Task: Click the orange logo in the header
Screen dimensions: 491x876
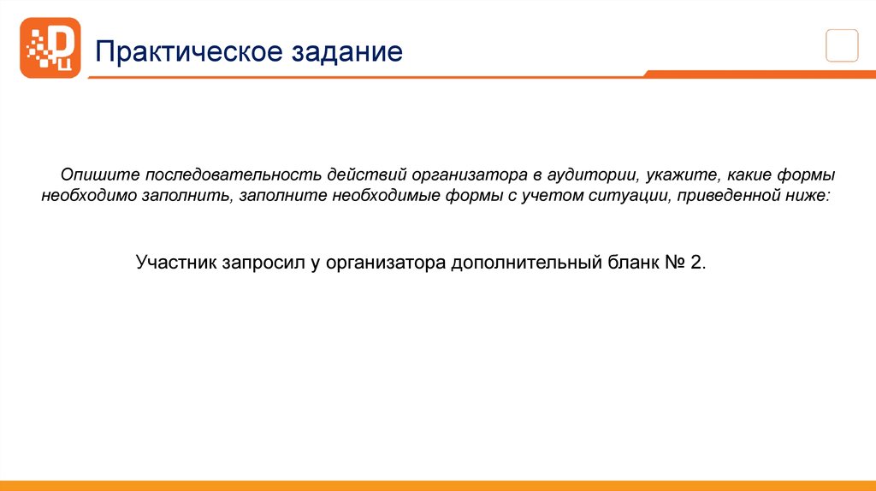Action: tap(50, 48)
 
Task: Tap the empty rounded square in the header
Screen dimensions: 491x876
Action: tap(842, 44)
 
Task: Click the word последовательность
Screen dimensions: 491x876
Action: tap(230, 175)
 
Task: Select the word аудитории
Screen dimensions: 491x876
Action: tap(591, 175)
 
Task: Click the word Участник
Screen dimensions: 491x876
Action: tap(177, 262)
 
